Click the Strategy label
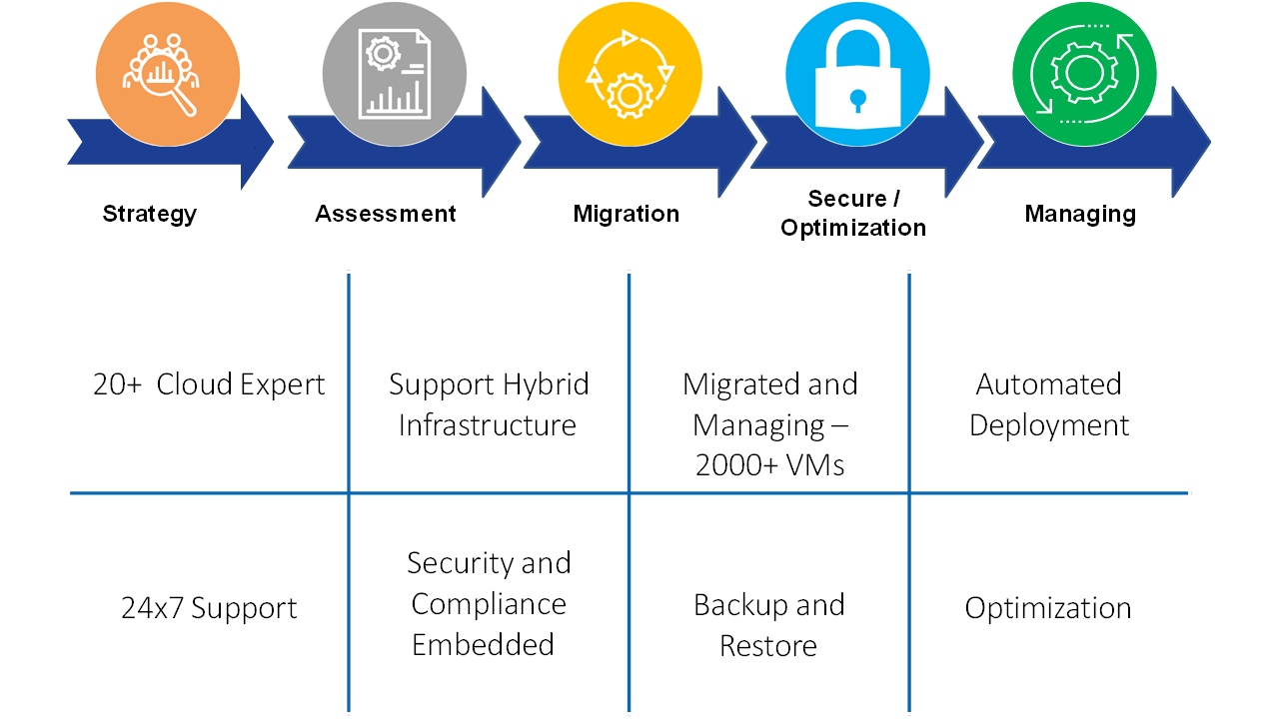coord(150,214)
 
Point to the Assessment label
coord(386,214)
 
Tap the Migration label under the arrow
coord(627,214)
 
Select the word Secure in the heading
coord(846,199)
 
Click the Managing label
coord(1080,214)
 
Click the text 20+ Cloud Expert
coord(209,385)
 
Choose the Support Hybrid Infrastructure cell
coord(489,404)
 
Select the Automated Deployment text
coord(1049,404)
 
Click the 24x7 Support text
coord(209,608)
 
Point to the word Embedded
coord(483,645)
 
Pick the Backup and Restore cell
coord(768,625)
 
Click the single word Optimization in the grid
coord(1048,608)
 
